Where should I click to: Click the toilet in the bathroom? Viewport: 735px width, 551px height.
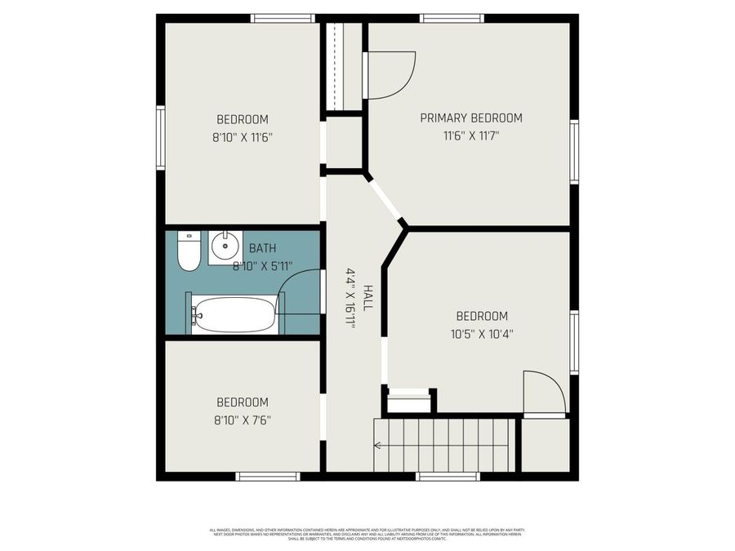(x=189, y=251)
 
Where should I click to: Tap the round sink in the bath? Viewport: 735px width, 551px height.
(x=223, y=245)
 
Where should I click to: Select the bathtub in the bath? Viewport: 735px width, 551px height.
(x=234, y=314)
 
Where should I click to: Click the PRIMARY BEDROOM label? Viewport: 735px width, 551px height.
(x=470, y=118)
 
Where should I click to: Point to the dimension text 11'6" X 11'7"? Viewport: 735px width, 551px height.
(x=470, y=136)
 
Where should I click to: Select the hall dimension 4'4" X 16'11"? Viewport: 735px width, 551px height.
(x=351, y=298)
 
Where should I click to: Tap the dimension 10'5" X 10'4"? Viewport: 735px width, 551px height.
(x=482, y=333)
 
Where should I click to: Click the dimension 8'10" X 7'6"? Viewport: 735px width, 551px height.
(x=242, y=420)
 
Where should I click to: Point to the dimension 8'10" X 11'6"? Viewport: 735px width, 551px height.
(x=242, y=137)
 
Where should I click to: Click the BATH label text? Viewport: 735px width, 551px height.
(x=262, y=248)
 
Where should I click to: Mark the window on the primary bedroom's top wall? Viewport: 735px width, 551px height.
(x=452, y=18)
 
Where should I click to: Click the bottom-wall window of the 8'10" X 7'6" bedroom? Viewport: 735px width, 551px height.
(x=268, y=476)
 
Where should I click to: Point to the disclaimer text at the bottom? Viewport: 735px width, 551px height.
(x=367, y=534)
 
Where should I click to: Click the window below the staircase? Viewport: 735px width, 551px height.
(x=447, y=476)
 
